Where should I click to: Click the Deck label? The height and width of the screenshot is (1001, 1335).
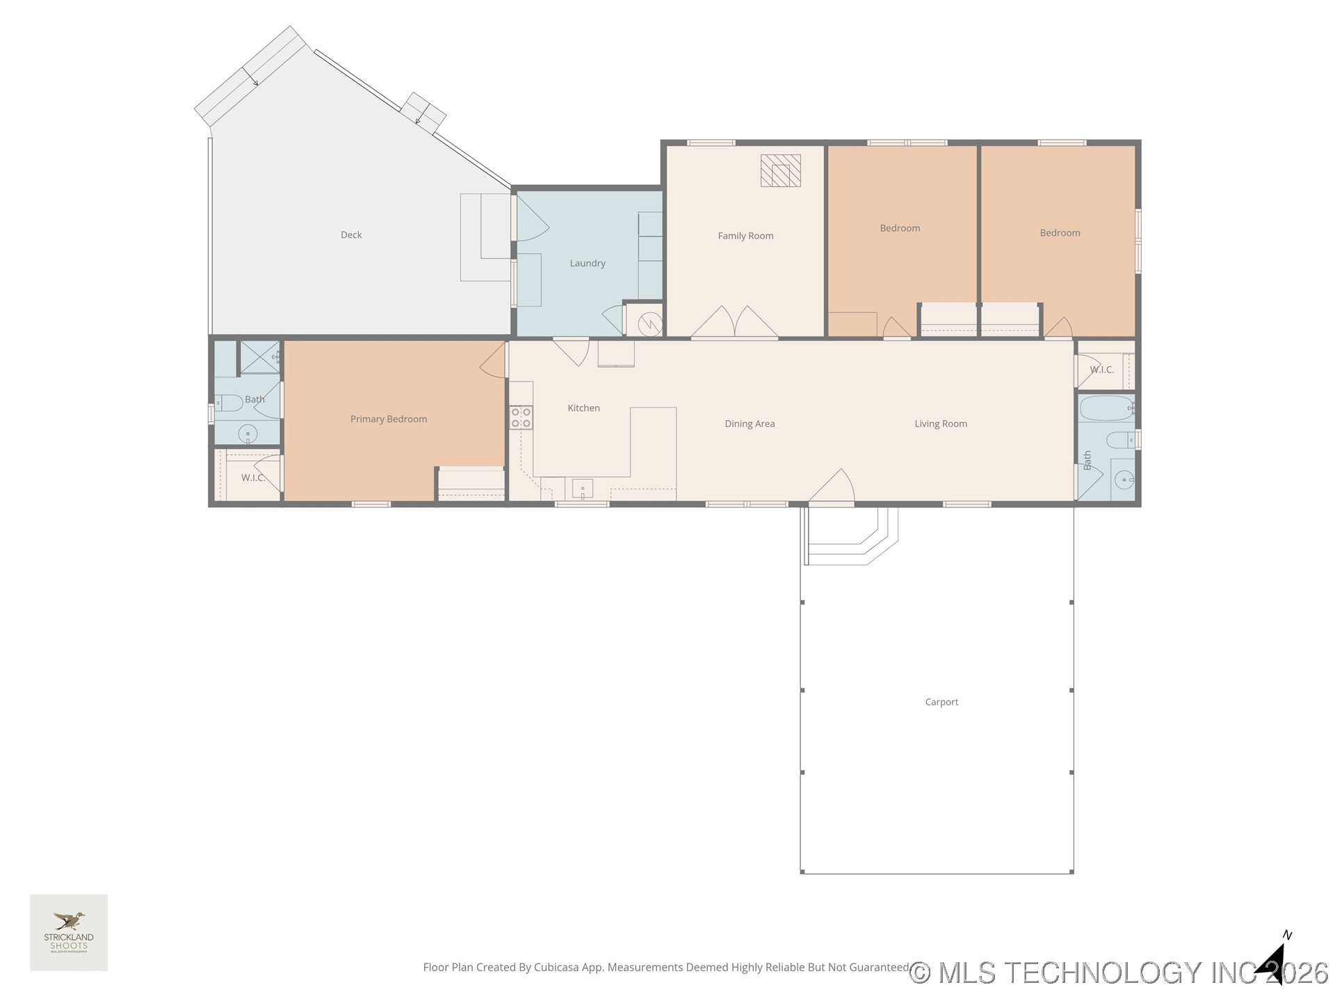point(351,235)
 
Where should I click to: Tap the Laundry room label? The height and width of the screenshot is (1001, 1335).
point(588,263)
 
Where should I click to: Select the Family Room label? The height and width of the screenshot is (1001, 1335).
point(745,236)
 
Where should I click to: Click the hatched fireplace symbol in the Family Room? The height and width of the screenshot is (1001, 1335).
point(780,170)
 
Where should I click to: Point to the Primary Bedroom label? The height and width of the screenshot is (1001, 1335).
point(388,419)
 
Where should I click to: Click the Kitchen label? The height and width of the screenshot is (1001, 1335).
point(583,408)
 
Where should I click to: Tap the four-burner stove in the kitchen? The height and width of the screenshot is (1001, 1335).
point(521,417)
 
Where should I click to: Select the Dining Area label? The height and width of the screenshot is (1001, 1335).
point(750,424)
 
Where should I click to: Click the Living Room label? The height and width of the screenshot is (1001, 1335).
point(940,424)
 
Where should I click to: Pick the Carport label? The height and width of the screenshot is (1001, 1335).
point(941,702)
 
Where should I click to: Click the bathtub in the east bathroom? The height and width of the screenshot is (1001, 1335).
point(1106,409)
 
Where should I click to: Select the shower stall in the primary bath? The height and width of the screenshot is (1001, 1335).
point(259,357)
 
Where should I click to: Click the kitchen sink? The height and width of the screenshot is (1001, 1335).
point(582,489)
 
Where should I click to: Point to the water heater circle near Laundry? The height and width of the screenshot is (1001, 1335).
point(650,323)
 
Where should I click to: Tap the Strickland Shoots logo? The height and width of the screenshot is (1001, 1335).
point(69,932)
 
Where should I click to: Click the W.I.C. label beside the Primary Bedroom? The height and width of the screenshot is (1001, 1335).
point(253,478)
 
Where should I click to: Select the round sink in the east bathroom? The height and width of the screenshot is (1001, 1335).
point(1123,479)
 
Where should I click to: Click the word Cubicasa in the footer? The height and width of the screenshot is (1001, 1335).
point(556,967)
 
